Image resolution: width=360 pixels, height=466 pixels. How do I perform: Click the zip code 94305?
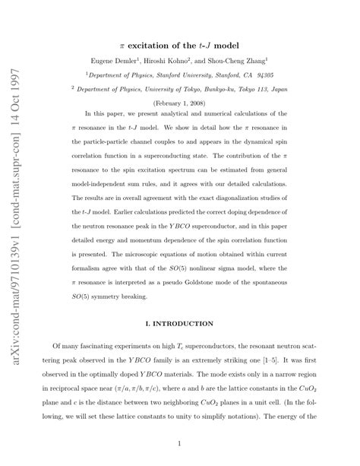(267, 76)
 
